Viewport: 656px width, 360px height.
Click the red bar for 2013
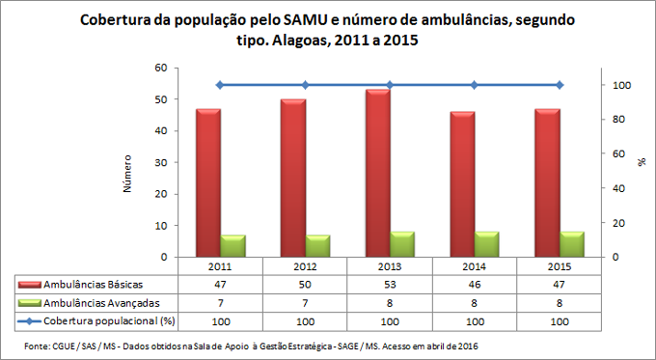point(377,174)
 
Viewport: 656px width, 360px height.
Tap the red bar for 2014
point(462,184)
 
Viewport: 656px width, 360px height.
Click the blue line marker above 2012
point(305,85)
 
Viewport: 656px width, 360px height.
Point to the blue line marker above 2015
point(559,85)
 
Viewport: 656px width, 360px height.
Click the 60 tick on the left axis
point(160,69)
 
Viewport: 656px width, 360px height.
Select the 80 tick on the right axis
point(621,120)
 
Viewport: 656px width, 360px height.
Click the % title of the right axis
point(641,162)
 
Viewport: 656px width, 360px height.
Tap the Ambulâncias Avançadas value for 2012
point(305,302)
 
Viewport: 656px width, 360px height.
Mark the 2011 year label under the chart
point(220,265)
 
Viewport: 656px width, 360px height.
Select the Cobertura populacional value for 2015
point(559,318)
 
